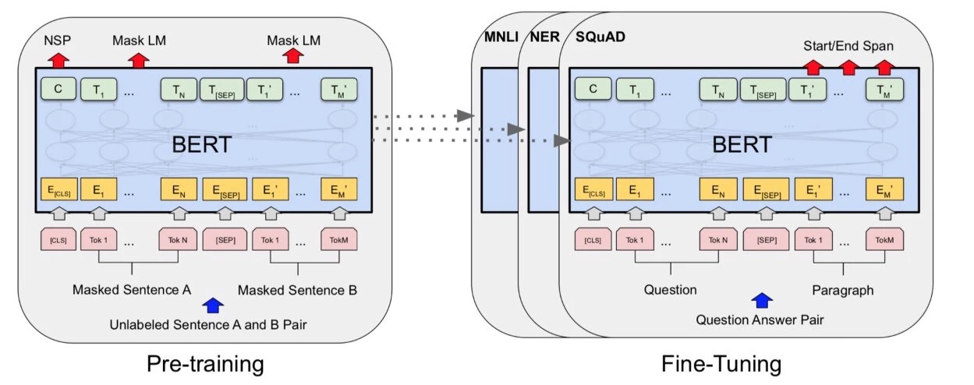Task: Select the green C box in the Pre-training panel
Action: tap(57, 90)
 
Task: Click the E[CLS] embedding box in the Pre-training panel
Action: tap(57, 190)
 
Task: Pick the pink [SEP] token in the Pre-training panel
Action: tap(222, 240)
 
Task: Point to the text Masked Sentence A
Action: tap(132, 290)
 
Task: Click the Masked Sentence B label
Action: tap(297, 290)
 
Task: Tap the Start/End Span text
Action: tap(849, 45)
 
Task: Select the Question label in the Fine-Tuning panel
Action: tap(670, 290)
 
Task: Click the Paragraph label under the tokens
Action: tap(842, 290)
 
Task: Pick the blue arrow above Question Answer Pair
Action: tap(762, 301)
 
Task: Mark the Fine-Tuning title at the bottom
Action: tap(721, 363)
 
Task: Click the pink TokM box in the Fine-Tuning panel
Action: tap(884, 240)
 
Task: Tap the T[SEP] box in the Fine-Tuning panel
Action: tap(762, 90)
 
